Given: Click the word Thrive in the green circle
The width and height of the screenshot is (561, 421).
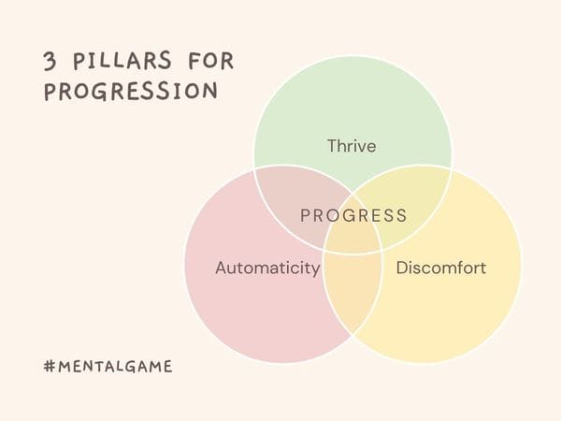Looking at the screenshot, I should (352, 146).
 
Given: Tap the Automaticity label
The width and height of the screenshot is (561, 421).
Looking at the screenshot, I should (267, 269).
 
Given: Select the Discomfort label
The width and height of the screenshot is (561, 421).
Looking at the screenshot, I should (441, 269).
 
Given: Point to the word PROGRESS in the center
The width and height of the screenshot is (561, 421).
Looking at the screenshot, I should (353, 216).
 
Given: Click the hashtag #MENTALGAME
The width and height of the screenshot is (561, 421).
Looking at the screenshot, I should (108, 366).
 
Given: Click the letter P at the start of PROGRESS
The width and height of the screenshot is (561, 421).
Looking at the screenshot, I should (305, 216).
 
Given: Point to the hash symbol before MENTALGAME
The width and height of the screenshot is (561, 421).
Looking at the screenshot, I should (50, 366).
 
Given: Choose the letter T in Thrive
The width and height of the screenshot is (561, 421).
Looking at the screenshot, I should (332, 146).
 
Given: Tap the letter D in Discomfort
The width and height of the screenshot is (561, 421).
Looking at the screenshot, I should (402, 269).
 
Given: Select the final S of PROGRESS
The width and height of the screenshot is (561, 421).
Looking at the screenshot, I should (401, 216).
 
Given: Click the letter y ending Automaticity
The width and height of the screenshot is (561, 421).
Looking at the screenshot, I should (315, 270).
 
